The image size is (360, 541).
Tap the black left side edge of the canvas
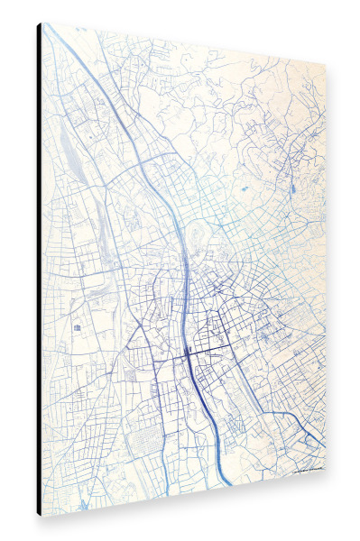[x=39, y=270]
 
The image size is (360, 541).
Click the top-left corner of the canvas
[x=42, y=23]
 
